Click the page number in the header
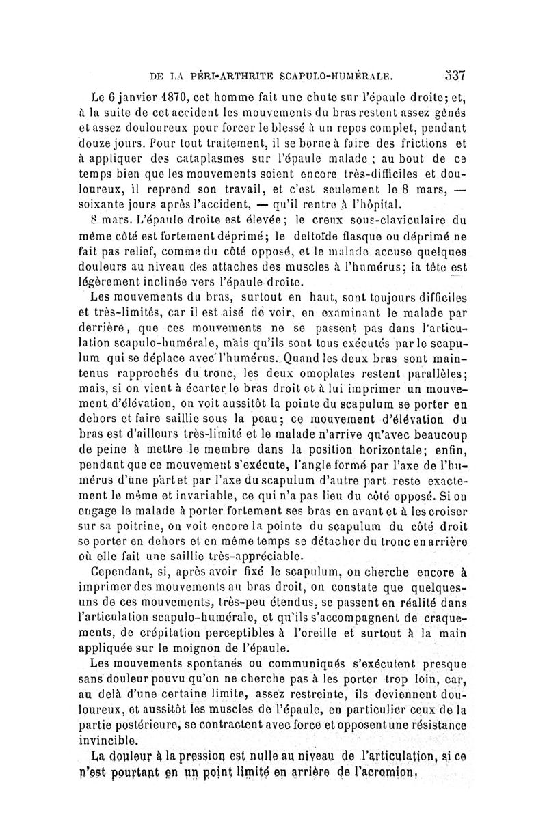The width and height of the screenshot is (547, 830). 454,74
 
